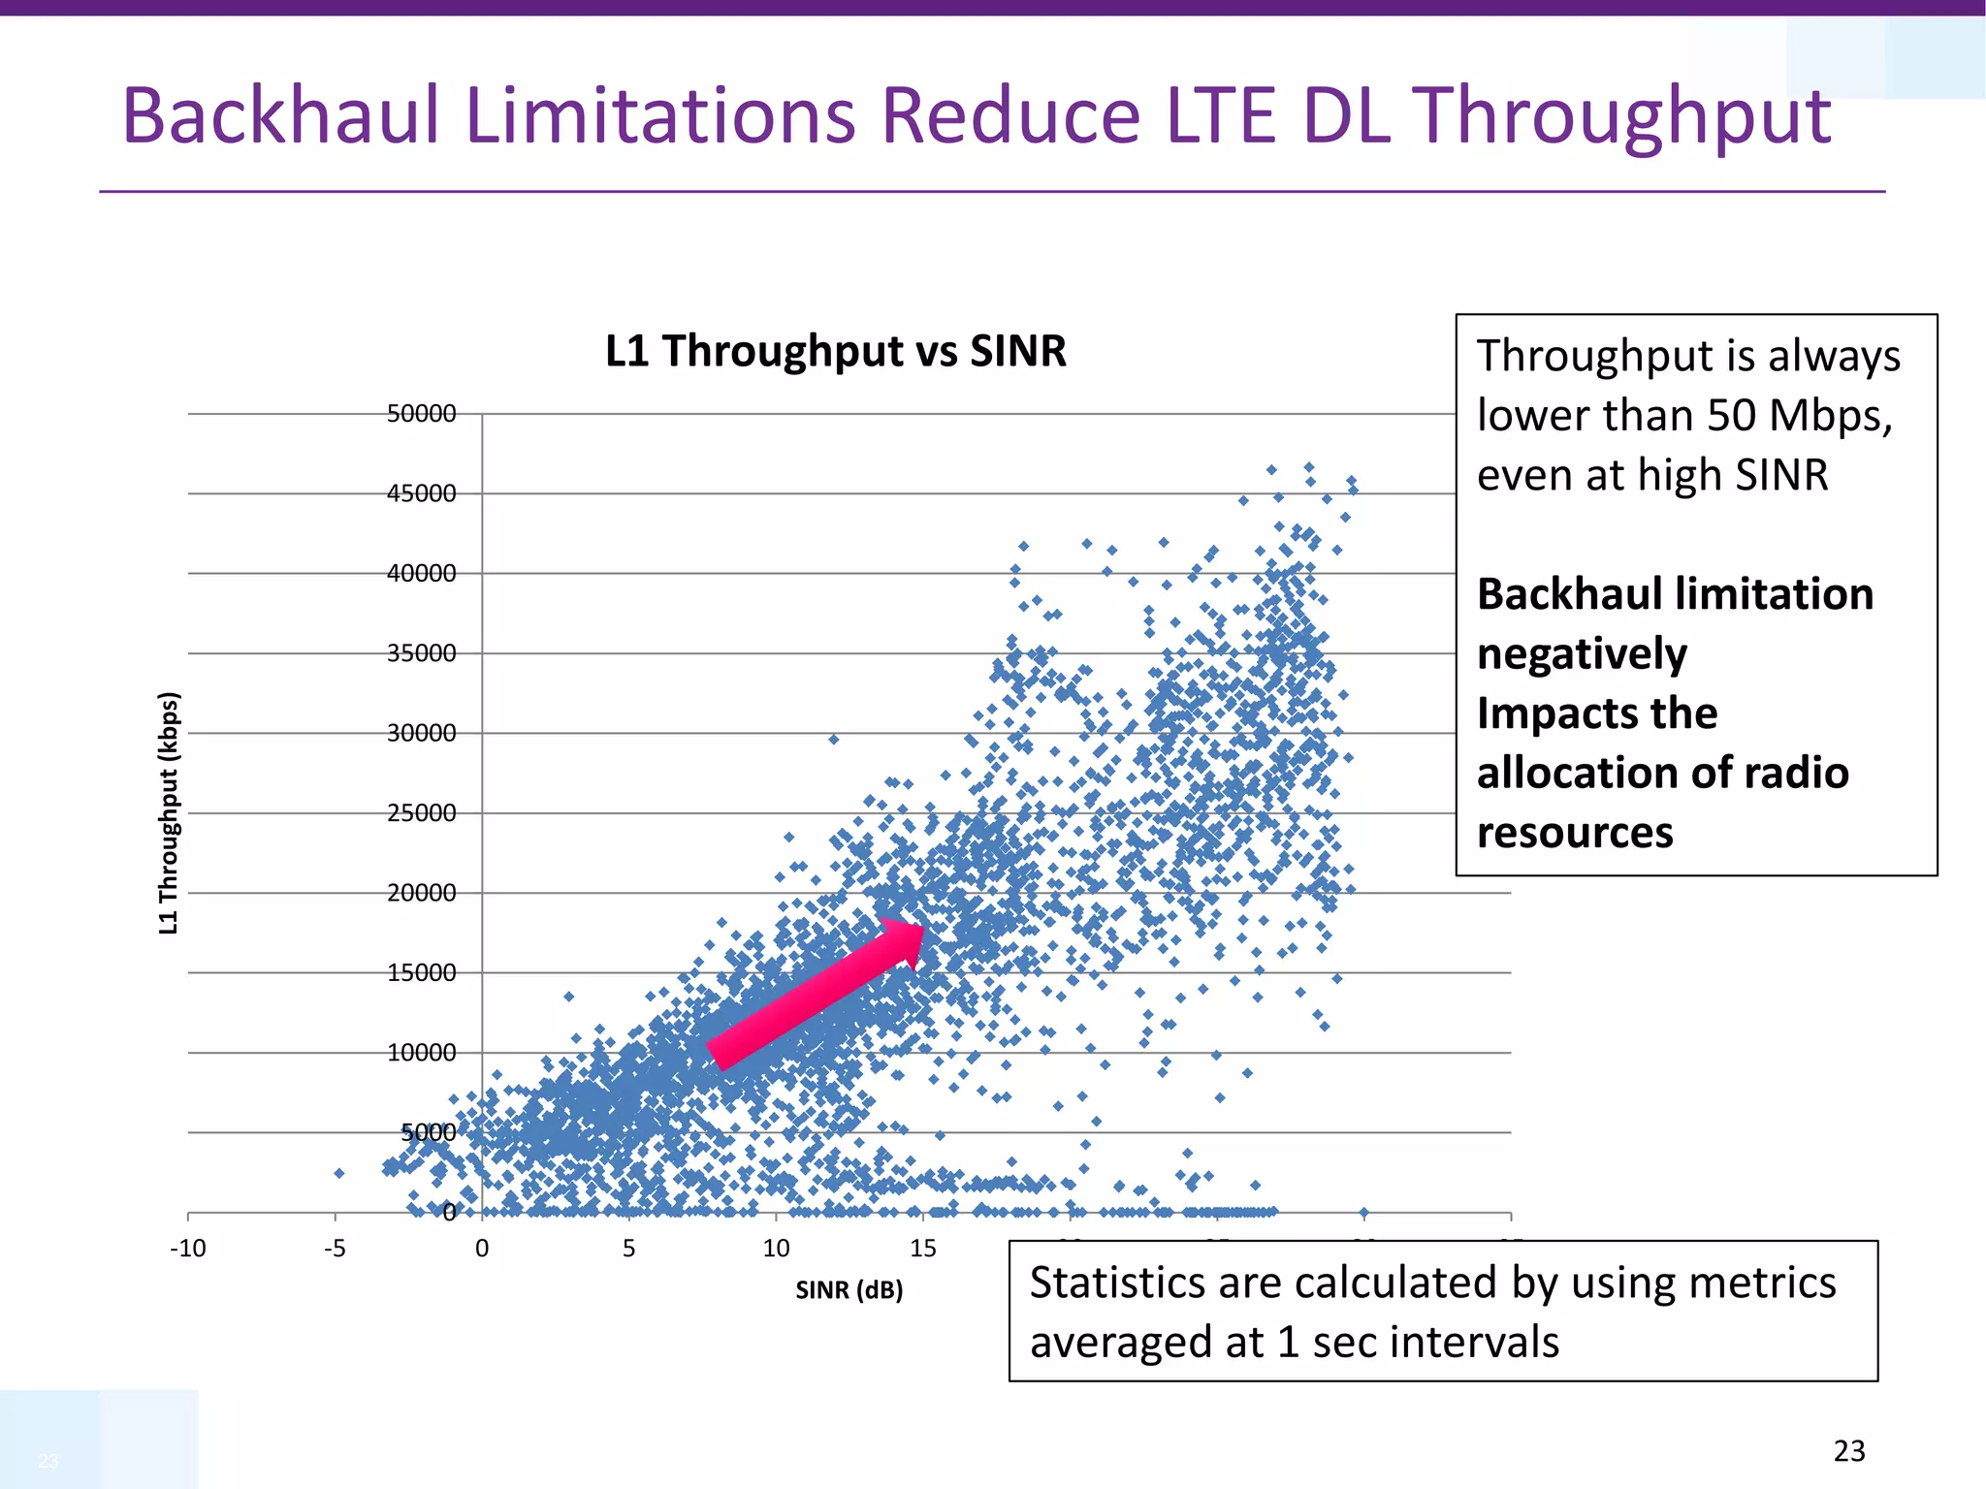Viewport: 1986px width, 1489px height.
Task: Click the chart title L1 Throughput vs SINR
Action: pyautogui.click(x=835, y=351)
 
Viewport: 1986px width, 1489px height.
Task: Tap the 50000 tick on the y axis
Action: pyautogui.click(x=421, y=414)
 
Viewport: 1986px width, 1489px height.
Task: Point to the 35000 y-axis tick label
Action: pyautogui.click(x=421, y=653)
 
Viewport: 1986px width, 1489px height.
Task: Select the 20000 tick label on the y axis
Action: pyautogui.click(x=421, y=893)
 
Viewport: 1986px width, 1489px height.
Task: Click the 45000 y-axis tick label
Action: pyautogui.click(x=421, y=493)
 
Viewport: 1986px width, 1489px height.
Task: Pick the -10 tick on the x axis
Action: pyautogui.click(x=188, y=1249)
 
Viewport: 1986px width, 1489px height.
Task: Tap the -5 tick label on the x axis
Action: pyautogui.click(x=335, y=1249)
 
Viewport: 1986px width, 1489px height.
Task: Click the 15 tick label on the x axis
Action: pyautogui.click(x=922, y=1249)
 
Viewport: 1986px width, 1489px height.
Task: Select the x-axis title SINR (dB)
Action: pyautogui.click(x=849, y=1290)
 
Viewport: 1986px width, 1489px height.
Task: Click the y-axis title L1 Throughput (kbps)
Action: pyautogui.click(x=169, y=812)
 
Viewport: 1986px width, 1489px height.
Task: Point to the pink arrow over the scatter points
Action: pyautogui.click(x=815, y=994)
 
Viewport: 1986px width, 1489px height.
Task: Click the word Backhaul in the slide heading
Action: pyautogui.click(x=281, y=116)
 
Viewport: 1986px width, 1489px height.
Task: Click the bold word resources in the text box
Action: pyautogui.click(x=1575, y=833)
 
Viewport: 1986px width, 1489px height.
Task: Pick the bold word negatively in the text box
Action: pyautogui.click(x=1582, y=654)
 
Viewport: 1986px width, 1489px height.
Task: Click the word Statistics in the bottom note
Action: pyautogui.click(x=1117, y=1283)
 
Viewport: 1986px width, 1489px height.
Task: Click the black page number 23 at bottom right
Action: pyautogui.click(x=1848, y=1451)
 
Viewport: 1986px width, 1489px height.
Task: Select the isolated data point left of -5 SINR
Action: pyautogui.click(x=338, y=1173)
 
